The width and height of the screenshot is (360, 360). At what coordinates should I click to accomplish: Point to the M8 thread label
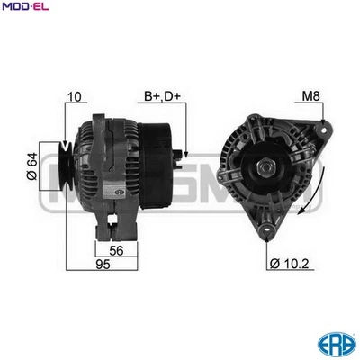tap(310, 94)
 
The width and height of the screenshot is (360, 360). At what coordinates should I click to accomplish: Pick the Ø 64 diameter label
tap(32, 167)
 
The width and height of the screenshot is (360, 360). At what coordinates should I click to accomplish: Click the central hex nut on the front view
tap(267, 168)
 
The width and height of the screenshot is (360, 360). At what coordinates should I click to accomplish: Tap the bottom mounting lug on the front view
tap(267, 232)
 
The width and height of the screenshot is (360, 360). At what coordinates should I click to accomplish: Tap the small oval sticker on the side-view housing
tap(116, 193)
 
